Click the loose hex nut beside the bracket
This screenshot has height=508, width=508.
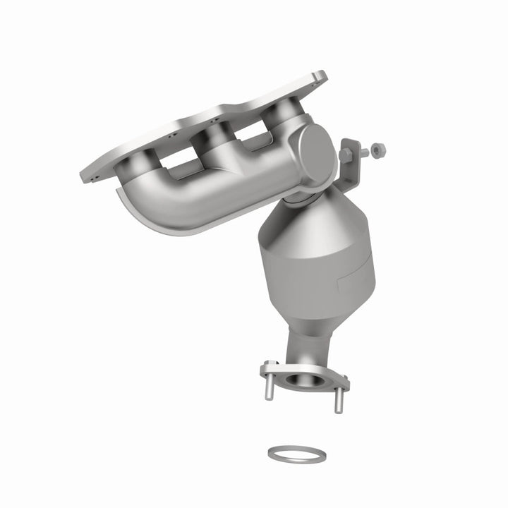point(378,150)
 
